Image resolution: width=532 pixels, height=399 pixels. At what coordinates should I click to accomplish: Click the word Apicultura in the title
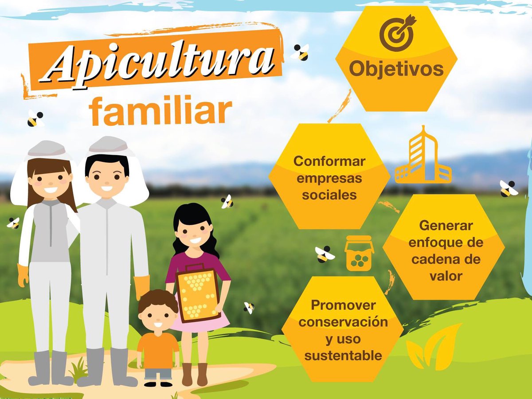[x=160, y=64]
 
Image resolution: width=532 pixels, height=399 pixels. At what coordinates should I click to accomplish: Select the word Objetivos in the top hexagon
[x=396, y=69]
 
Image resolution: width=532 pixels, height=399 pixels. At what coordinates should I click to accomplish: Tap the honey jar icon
[x=359, y=254]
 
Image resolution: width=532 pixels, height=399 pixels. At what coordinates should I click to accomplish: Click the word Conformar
[x=329, y=161]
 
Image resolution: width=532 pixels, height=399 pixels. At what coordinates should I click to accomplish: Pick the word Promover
[x=343, y=305]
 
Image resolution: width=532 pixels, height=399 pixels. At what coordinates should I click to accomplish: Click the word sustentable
[x=343, y=355]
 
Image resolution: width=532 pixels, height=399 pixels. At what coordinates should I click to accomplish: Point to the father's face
[x=107, y=177]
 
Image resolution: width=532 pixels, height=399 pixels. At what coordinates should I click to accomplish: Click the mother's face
[x=50, y=180]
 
